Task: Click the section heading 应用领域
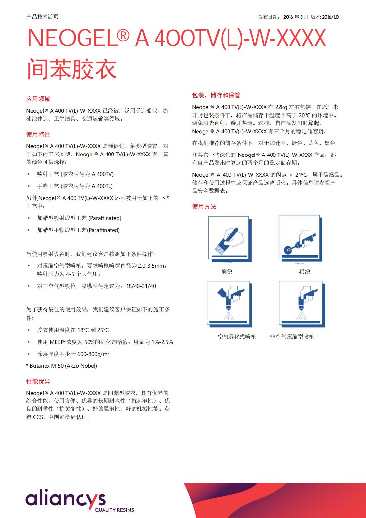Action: coord(38,99)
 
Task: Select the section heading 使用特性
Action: coord(38,135)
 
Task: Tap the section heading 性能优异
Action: coord(38,382)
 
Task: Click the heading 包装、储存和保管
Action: coord(216,95)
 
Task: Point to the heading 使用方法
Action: coord(204,207)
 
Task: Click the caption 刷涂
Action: coord(227,271)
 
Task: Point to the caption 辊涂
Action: coord(304,271)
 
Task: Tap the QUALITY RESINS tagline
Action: coord(114,510)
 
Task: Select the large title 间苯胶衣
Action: coord(71,69)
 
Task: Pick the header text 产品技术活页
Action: coord(42,17)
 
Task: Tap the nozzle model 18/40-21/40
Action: coord(142,286)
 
